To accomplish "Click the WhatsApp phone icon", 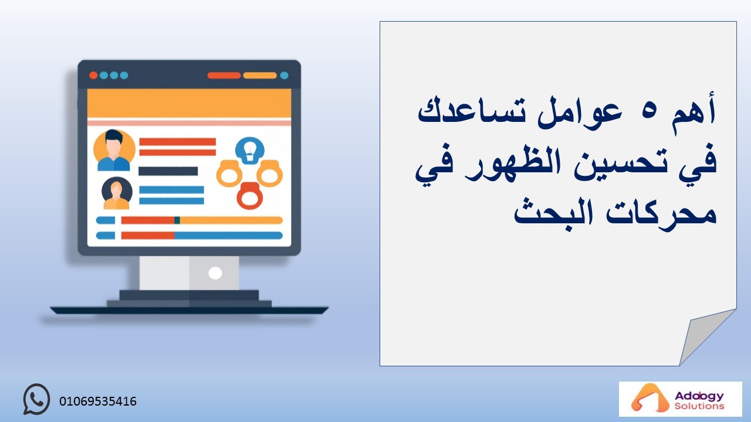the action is tap(36, 399).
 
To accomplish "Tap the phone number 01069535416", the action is tap(98, 401).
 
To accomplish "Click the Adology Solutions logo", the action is tap(680, 399).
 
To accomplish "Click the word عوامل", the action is tap(580, 114).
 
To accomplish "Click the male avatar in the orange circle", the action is tap(114, 150).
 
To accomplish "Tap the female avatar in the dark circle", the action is tap(117, 193).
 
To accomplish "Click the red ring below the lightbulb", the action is tap(250, 196).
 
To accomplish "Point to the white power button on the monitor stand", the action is tap(215, 273).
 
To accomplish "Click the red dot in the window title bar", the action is tap(93, 76).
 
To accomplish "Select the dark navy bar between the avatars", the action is tap(168, 171).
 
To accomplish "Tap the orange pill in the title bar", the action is tap(260, 76).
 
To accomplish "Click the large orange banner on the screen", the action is tap(189, 103).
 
